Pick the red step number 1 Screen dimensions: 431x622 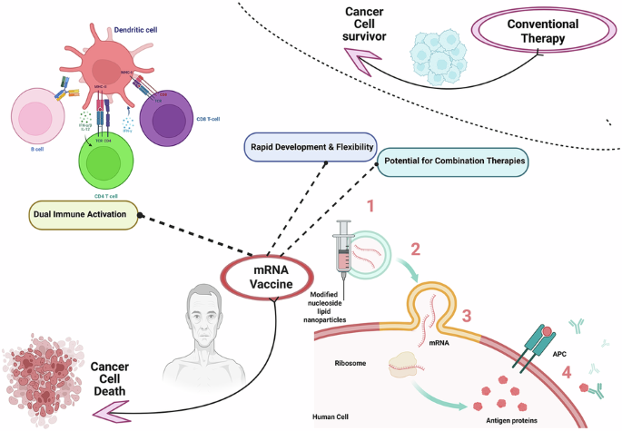click(370, 206)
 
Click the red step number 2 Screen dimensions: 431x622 click(416, 250)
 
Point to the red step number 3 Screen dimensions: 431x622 click(466, 317)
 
